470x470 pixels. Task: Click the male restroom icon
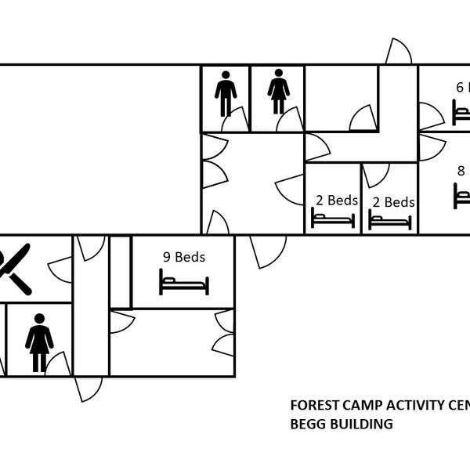226,94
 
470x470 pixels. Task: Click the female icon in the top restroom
279,92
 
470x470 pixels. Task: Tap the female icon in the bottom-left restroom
39,342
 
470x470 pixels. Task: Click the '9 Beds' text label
184,256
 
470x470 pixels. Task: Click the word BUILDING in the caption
364,425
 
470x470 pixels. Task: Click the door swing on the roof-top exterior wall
398,52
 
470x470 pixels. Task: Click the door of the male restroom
235,121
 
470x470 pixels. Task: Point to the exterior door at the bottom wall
88,389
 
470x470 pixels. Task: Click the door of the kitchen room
60,269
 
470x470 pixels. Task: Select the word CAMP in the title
356,406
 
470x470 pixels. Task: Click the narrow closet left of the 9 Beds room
120,271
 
